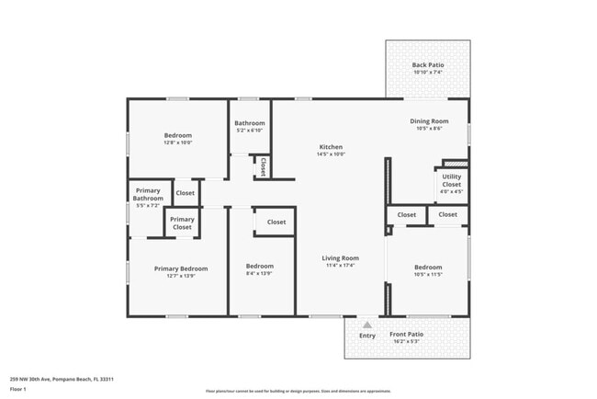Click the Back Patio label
point(428,65)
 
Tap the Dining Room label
point(428,121)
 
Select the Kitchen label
point(331,147)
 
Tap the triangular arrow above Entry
point(366,325)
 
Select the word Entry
point(366,336)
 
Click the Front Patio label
point(406,335)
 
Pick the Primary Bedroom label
point(180,268)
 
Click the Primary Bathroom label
point(148,195)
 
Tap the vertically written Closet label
point(263,167)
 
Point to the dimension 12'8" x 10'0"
point(177,142)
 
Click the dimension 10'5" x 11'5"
point(428,274)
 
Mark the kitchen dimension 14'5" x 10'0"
point(331,154)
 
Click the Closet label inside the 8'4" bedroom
point(276,222)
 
